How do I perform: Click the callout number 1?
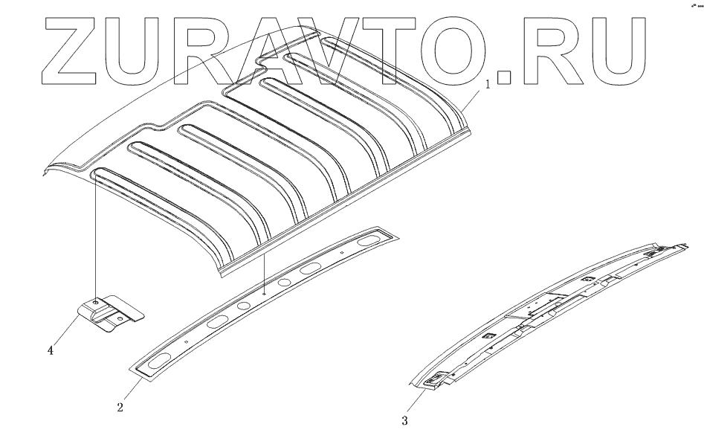488,85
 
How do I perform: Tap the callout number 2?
120,408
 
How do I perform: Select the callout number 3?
405,421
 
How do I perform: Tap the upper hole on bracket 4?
97,303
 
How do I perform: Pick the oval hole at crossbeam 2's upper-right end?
369,241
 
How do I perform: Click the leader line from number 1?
474,97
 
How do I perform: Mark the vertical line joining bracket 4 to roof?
96,238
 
